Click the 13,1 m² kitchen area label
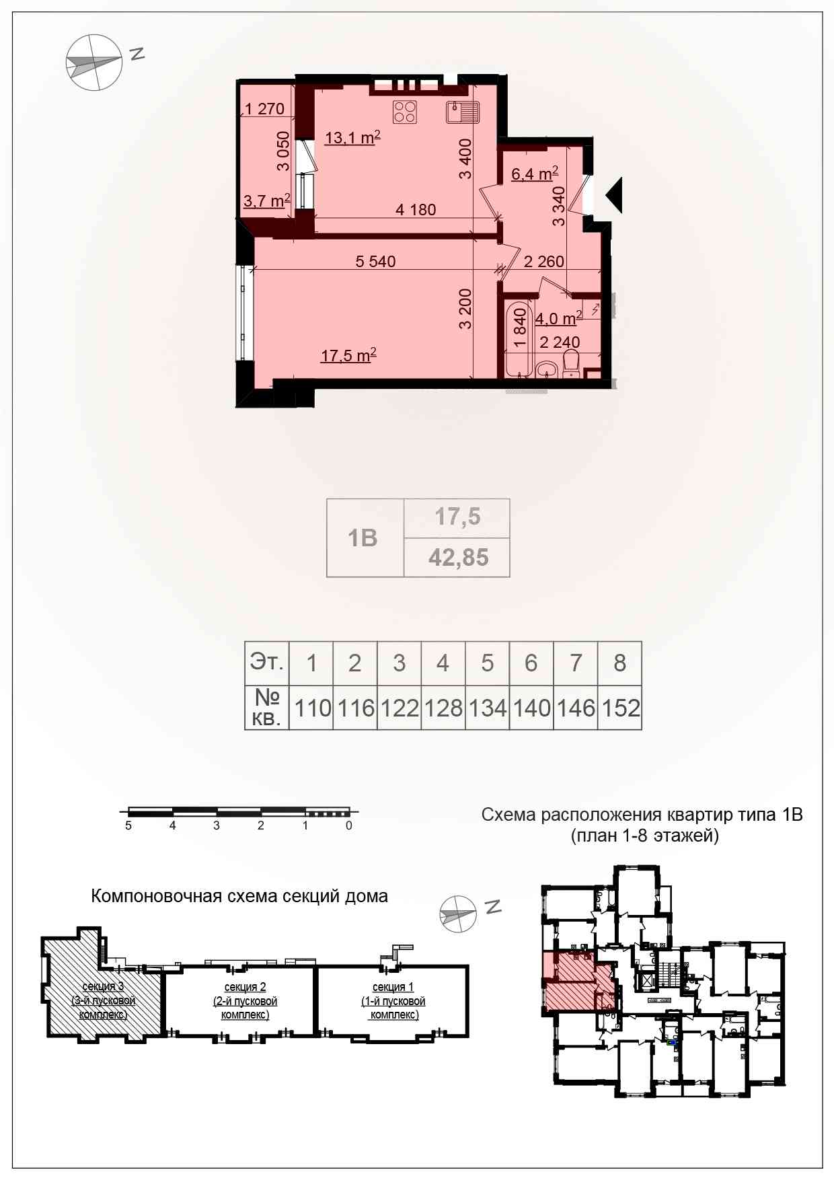352,137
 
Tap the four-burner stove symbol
405,112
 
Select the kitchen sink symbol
463,112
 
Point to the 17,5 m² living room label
348,355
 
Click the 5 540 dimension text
375,261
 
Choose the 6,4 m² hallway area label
535,174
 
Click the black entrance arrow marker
614,195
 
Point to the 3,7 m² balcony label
267,200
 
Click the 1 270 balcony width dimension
265,108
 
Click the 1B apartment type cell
365,538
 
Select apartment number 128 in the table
443,708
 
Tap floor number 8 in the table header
620,663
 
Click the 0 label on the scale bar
349,825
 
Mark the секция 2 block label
245,1000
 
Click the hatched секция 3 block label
104,1000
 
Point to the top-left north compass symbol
95,62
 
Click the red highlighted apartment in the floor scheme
578,982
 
